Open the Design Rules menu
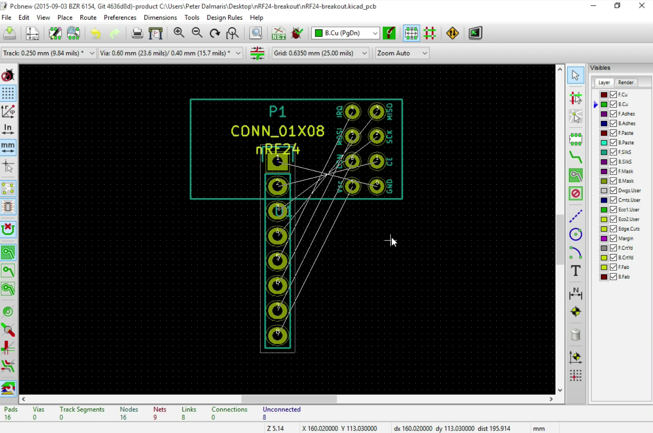(224, 18)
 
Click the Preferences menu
(120, 18)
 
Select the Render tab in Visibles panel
(626, 82)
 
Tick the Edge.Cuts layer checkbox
(613, 229)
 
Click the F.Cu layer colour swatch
(604, 94)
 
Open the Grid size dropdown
(320, 53)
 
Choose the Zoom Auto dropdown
(402, 53)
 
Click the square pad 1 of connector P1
(277, 162)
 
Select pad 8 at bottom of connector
(277, 335)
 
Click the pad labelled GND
(377, 186)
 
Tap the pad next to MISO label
(377, 111)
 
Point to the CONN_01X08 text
(277, 131)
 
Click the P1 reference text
(277, 111)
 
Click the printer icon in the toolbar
(137, 33)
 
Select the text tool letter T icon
(576, 271)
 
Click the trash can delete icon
(576, 334)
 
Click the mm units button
(8, 148)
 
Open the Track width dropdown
(49, 53)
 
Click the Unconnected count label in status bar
(281, 409)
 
